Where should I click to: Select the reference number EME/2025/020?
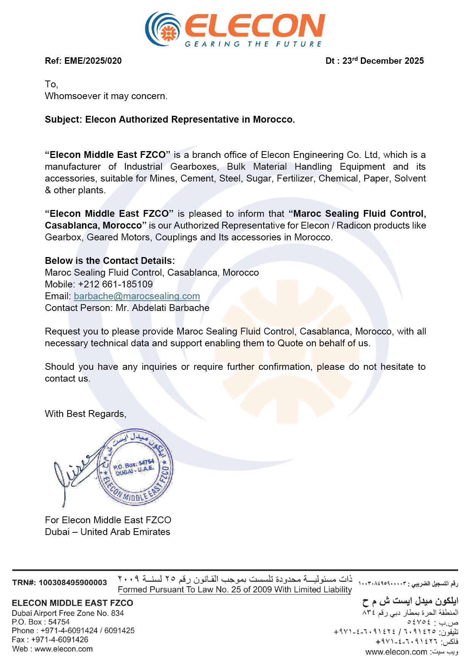click(93, 61)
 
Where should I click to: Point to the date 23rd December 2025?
click(383, 61)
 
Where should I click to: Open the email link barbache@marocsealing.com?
click(137, 296)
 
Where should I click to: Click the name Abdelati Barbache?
click(171, 308)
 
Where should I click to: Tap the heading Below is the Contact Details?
click(110, 261)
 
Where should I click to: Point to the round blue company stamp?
click(135, 467)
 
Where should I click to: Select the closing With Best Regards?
click(85, 414)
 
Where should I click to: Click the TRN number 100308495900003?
click(73, 582)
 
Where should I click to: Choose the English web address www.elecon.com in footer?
click(63, 649)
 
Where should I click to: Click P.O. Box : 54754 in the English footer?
click(41, 622)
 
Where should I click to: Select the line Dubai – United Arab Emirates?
click(107, 532)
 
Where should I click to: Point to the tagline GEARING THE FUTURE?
click(253, 44)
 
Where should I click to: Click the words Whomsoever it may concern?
click(106, 96)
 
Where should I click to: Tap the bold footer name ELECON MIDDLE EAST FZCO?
click(73, 603)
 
